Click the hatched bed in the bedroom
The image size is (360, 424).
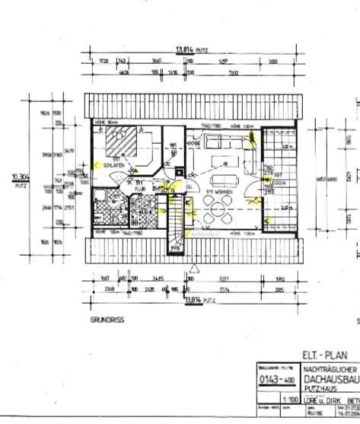[119, 141]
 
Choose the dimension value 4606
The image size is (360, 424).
[122, 72]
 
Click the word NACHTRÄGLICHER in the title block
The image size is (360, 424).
[331, 368]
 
